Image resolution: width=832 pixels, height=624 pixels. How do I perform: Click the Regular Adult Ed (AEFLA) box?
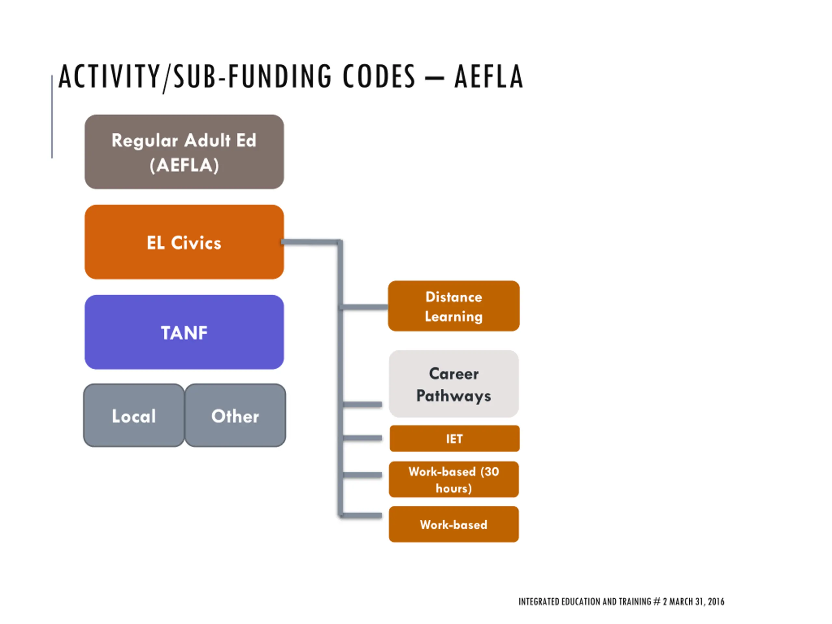(184, 152)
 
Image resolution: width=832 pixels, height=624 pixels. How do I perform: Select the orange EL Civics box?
(184, 242)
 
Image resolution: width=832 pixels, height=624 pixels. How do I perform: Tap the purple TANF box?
(184, 332)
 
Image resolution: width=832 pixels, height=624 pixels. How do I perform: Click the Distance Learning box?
(454, 306)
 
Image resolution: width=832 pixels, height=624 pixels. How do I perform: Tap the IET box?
(454, 438)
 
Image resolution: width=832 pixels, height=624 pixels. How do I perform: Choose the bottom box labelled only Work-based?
(454, 524)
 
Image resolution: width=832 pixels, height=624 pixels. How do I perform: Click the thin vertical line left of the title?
(52, 117)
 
